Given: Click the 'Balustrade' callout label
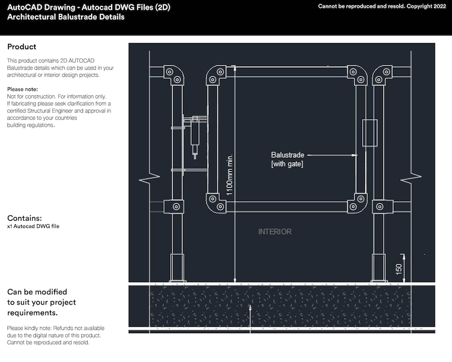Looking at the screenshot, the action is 287,155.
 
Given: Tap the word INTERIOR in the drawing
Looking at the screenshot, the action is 275,232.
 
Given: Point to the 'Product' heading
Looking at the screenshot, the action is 22,47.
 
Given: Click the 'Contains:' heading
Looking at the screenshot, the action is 24,218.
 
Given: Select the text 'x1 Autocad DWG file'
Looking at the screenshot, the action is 33,226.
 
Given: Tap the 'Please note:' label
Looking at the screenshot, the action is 23,90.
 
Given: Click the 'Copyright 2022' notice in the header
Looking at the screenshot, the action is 424,6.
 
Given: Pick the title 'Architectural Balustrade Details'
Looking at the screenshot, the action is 65,17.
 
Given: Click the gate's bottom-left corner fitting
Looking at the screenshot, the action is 215,202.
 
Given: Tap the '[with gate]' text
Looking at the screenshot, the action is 287,164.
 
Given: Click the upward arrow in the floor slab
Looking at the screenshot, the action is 250,308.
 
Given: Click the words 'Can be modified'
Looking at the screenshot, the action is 37,292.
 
